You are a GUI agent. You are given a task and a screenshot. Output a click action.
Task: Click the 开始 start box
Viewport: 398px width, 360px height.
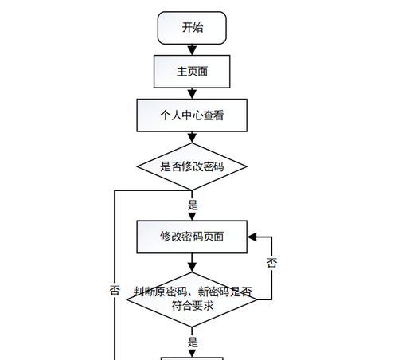tap(192, 28)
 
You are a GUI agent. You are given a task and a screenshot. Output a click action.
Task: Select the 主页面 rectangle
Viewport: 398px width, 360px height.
tap(192, 72)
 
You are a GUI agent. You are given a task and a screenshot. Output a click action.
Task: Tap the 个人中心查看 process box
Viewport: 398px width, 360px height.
tap(192, 115)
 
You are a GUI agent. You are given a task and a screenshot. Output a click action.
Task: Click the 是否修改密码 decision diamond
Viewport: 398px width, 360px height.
tap(192, 166)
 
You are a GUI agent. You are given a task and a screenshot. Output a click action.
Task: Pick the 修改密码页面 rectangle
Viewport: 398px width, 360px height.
tap(192, 237)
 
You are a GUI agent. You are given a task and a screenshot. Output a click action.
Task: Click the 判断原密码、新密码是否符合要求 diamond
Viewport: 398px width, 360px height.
tap(192, 299)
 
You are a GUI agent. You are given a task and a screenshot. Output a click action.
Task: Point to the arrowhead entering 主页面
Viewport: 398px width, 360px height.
tap(192, 51)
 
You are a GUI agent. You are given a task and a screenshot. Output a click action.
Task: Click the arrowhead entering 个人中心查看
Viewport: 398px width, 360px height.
tap(192, 95)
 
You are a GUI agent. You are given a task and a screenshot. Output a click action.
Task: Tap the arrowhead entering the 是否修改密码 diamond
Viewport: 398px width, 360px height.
tap(192, 139)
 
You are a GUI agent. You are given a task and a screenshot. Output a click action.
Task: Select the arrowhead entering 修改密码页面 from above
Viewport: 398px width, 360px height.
tap(192, 216)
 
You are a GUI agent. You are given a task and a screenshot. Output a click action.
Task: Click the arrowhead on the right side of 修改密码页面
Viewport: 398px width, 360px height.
tap(252, 237)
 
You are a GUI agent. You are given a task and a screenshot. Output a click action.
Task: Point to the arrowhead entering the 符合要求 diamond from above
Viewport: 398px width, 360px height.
tap(192, 268)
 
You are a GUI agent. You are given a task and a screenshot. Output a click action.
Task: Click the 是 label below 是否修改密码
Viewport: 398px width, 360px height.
tap(193, 205)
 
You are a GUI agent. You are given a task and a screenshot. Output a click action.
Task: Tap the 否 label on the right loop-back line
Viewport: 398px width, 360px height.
tap(272, 263)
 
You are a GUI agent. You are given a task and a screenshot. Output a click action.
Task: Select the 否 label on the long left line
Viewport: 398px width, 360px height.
tap(115, 290)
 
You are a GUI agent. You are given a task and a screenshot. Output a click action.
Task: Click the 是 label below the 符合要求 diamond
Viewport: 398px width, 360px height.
tap(193, 342)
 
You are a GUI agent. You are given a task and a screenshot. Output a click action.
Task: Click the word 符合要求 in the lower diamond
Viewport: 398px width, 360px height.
tap(193, 306)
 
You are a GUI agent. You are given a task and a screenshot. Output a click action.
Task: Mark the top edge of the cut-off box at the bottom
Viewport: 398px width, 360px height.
tap(192, 358)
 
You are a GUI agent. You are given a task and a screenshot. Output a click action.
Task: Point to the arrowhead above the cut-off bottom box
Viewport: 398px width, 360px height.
tap(192, 354)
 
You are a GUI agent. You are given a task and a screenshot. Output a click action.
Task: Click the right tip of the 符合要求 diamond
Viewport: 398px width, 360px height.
tap(257, 299)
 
